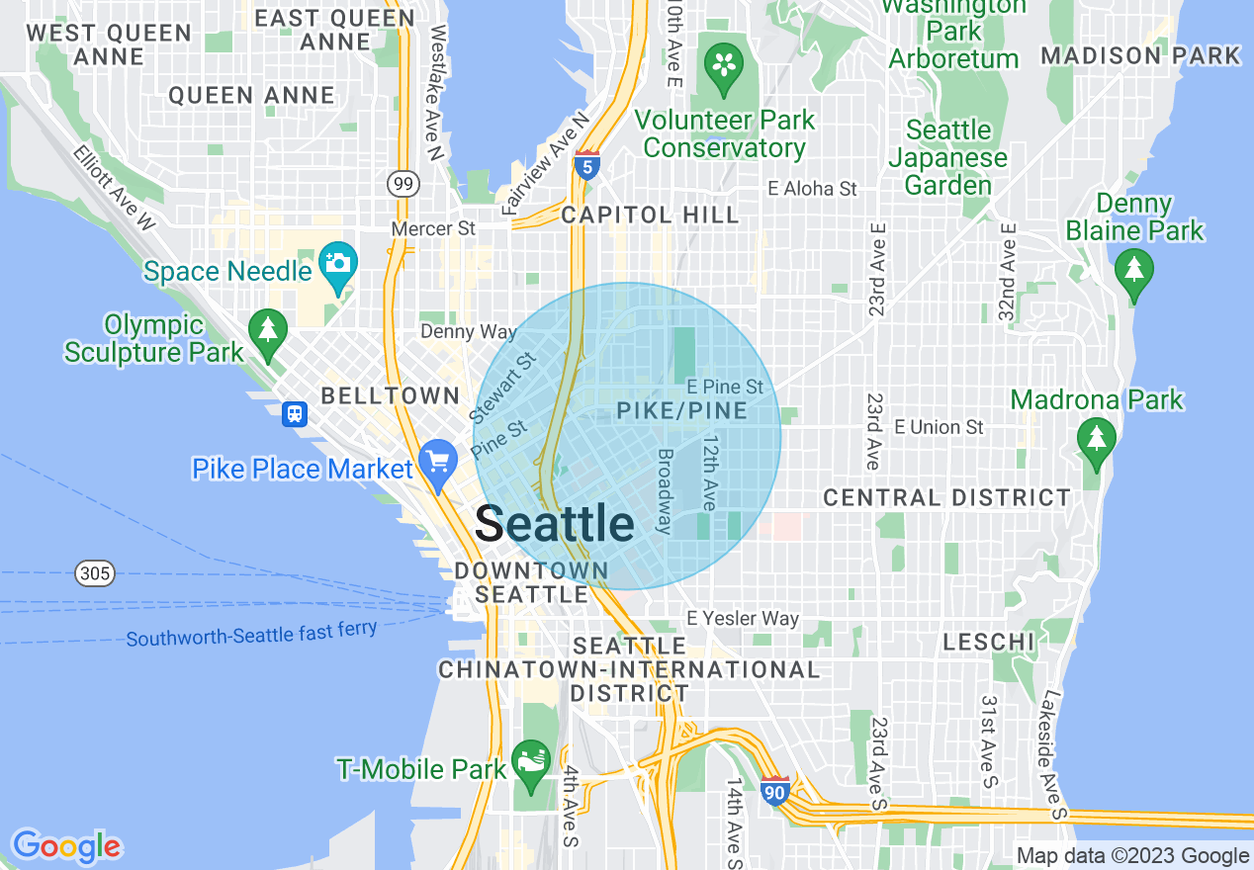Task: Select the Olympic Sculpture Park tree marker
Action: click(x=267, y=329)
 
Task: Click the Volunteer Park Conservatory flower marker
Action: click(x=725, y=65)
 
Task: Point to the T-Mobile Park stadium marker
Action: click(x=531, y=763)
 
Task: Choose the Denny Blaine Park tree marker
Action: click(x=1133, y=270)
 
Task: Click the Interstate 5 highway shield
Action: click(x=586, y=166)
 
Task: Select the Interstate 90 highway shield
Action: click(x=775, y=790)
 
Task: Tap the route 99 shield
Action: click(x=403, y=183)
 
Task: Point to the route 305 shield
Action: click(x=96, y=572)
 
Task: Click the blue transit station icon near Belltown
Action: click(x=294, y=413)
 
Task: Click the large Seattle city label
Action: click(x=554, y=523)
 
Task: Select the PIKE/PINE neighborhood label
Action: click(x=682, y=410)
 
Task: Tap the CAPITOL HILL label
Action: click(x=649, y=215)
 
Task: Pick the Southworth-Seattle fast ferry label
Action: click(x=251, y=633)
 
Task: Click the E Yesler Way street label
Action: click(x=743, y=619)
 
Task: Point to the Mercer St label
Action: click(x=433, y=228)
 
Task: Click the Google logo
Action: click(x=66, y=846)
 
